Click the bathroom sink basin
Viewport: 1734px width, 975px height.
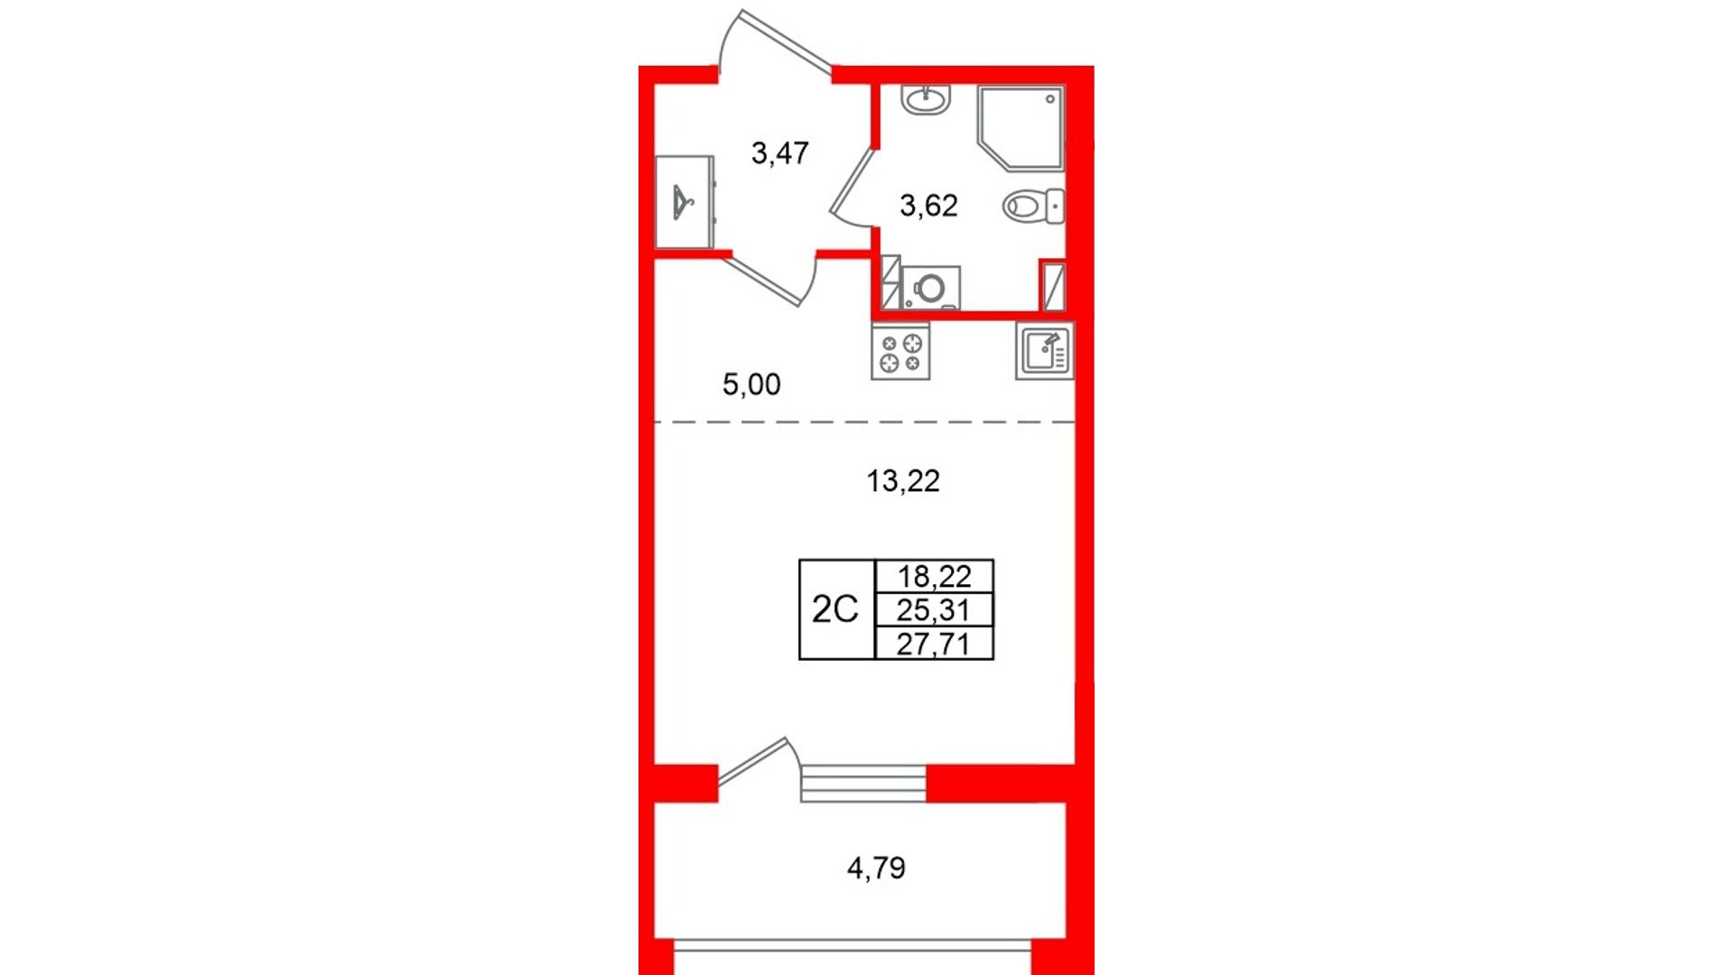pyautogui.click(x=926, y=99)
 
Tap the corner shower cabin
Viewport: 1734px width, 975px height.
pyautogui.click(x=1021, y=127)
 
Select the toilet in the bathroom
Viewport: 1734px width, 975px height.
pyautogui.click(x=1033, y=206)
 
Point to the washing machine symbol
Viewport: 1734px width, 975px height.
pyautogui.click(x=930, y=288)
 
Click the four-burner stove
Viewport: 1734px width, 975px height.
pyautogui.click(x=900, y=352)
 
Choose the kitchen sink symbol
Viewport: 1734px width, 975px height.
pyautogui.click(x=1045, y=350)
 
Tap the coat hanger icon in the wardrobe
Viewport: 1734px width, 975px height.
pyautogui.click(x=683, y=202)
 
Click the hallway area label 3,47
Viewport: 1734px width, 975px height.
pyautogui.click(x=780, y=153)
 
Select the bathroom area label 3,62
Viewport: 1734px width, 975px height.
pyautogui.click(x=928, y=206)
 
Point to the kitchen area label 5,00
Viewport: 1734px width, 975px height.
pyautogui.click(x=751, y=385)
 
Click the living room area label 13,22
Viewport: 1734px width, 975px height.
pyautogui.click(x=903, y=481)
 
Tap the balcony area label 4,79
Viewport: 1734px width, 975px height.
pyautogui.click(x=876, y=868)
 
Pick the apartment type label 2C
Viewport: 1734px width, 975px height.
pyautogui.click(x=834, y=609)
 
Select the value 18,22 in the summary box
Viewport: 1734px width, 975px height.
pyautogui.click(x=934, y=576)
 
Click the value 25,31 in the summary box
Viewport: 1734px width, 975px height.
pyautogui.click(x=934, y=610)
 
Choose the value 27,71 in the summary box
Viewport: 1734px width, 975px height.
pyautogui.click(x=934, y=645)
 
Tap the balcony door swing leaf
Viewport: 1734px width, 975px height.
pyautogui.click(x=752, y=761)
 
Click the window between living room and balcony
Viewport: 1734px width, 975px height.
pyautogui.click(x=863, y=784)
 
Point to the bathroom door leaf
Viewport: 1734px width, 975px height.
pyautogui.click(x=853, y=181)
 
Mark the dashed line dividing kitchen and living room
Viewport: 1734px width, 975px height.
pyautogui.click(x=864, y=422)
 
